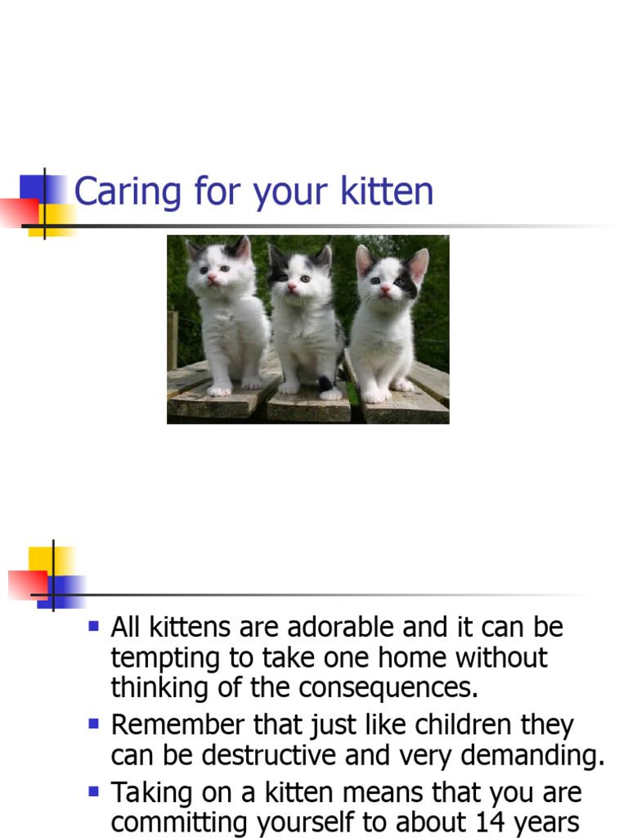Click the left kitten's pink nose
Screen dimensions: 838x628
213,278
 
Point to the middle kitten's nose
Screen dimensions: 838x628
291,286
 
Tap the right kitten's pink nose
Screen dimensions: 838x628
384,288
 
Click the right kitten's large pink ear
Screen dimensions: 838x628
418,264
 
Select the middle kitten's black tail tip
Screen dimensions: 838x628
325,383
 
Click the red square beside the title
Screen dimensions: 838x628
18,211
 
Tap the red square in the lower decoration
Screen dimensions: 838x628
25,584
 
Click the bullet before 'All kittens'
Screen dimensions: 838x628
93,627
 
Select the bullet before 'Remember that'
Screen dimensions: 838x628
93,723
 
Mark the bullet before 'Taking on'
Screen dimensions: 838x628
93,791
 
